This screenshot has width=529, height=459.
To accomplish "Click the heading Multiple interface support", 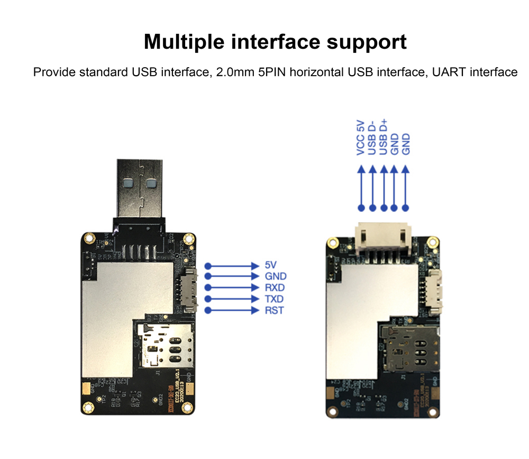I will [275, 42].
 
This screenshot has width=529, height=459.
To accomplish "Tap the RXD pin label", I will [275, 287].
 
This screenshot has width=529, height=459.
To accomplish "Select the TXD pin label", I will [275, 299].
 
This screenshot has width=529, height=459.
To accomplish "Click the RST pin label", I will [274, 310].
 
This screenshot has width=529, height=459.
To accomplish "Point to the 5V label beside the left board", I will [270, 265].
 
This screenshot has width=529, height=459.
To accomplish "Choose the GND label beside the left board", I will [275, 276].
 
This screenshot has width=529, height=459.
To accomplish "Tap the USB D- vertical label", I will [372, 137].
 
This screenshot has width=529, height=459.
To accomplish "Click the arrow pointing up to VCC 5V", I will [361, 185].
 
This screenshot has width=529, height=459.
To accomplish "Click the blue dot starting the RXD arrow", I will [208, 287].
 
